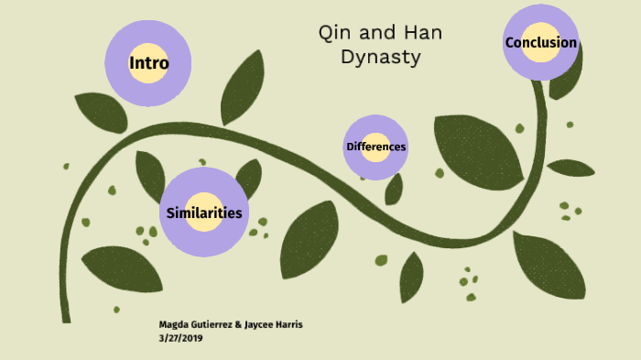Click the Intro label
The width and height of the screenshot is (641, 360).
click(148, 63)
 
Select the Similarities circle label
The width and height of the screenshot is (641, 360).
click(204, 213)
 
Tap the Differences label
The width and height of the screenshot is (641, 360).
click(375, 147)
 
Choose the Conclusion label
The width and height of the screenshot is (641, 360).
click(540, 42)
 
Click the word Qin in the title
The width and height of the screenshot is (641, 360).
click(333, 34)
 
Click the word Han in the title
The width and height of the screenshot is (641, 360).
click(423, 34)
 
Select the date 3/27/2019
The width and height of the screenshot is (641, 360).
click(180, 338)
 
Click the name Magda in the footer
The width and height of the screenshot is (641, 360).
click(175, 325)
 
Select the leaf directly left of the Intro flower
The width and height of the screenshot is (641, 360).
click(100, 112)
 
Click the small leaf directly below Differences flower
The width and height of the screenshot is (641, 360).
click(394, 189)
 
